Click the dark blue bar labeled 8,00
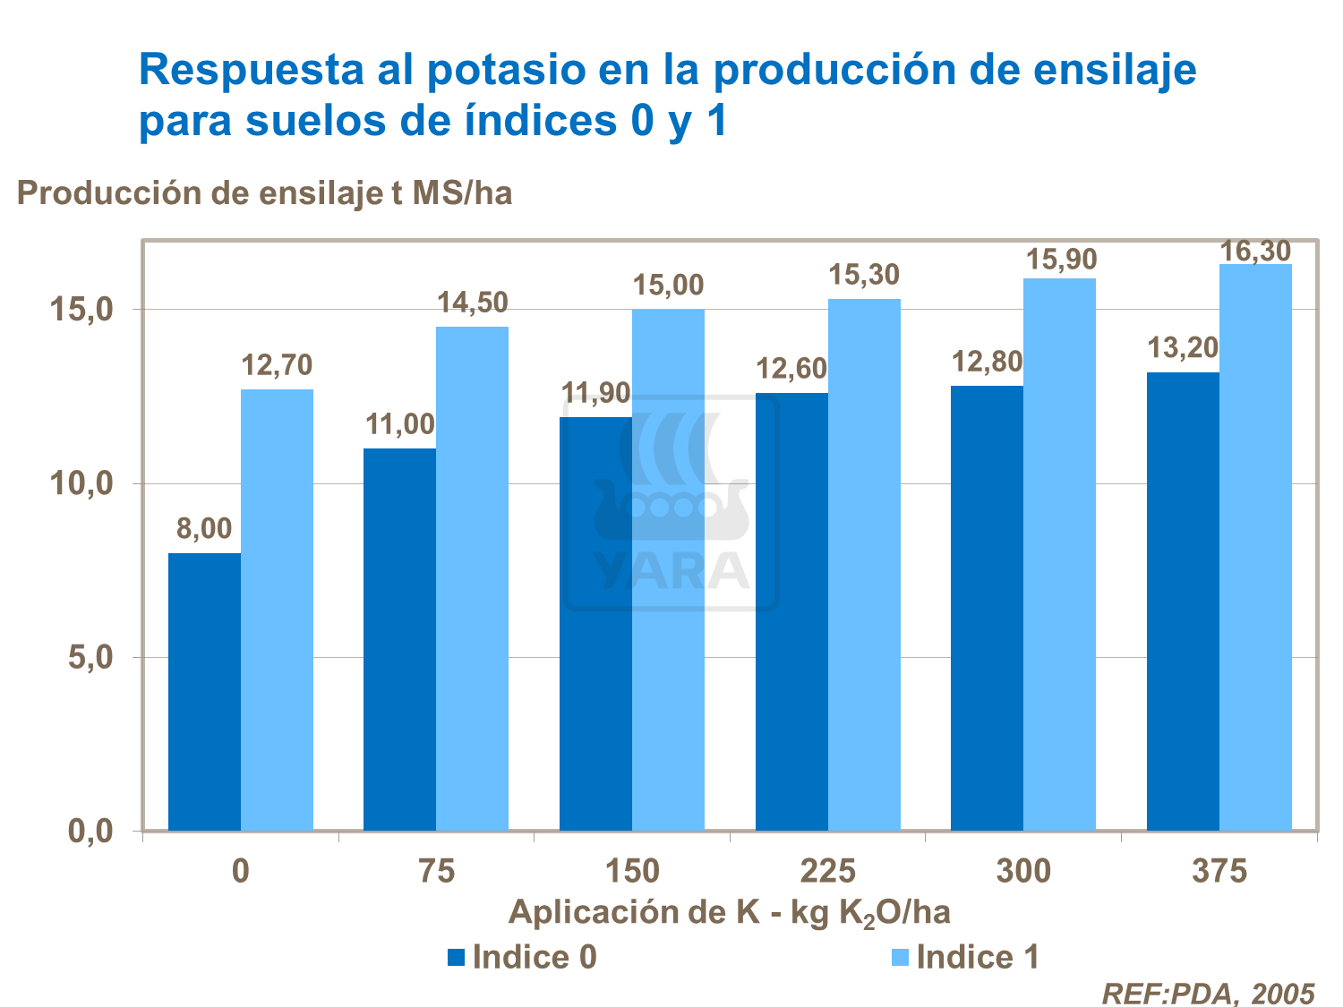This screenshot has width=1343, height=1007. point(204,691)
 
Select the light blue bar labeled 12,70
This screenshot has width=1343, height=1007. point(277,609)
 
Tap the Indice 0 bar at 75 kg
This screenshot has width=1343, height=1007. point(399,639)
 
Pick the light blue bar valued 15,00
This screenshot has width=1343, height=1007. point(668,569)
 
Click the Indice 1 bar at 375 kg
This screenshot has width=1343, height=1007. point(1255,547)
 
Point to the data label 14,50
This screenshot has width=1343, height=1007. point(473,303)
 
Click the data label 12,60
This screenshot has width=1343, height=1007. point(791,369)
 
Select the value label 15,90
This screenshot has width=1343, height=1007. point(1061,260)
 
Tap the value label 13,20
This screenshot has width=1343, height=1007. point(1184,347)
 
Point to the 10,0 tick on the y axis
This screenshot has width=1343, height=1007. point(81,484)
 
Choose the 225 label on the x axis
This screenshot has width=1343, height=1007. point(828,871)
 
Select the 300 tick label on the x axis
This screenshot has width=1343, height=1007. point(1023,871)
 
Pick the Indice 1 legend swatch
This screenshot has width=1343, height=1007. point(901,958)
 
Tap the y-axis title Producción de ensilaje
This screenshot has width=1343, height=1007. point(264,192)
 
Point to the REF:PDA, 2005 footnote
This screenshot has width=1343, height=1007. point(1207,994)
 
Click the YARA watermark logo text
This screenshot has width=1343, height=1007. point(671,570)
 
